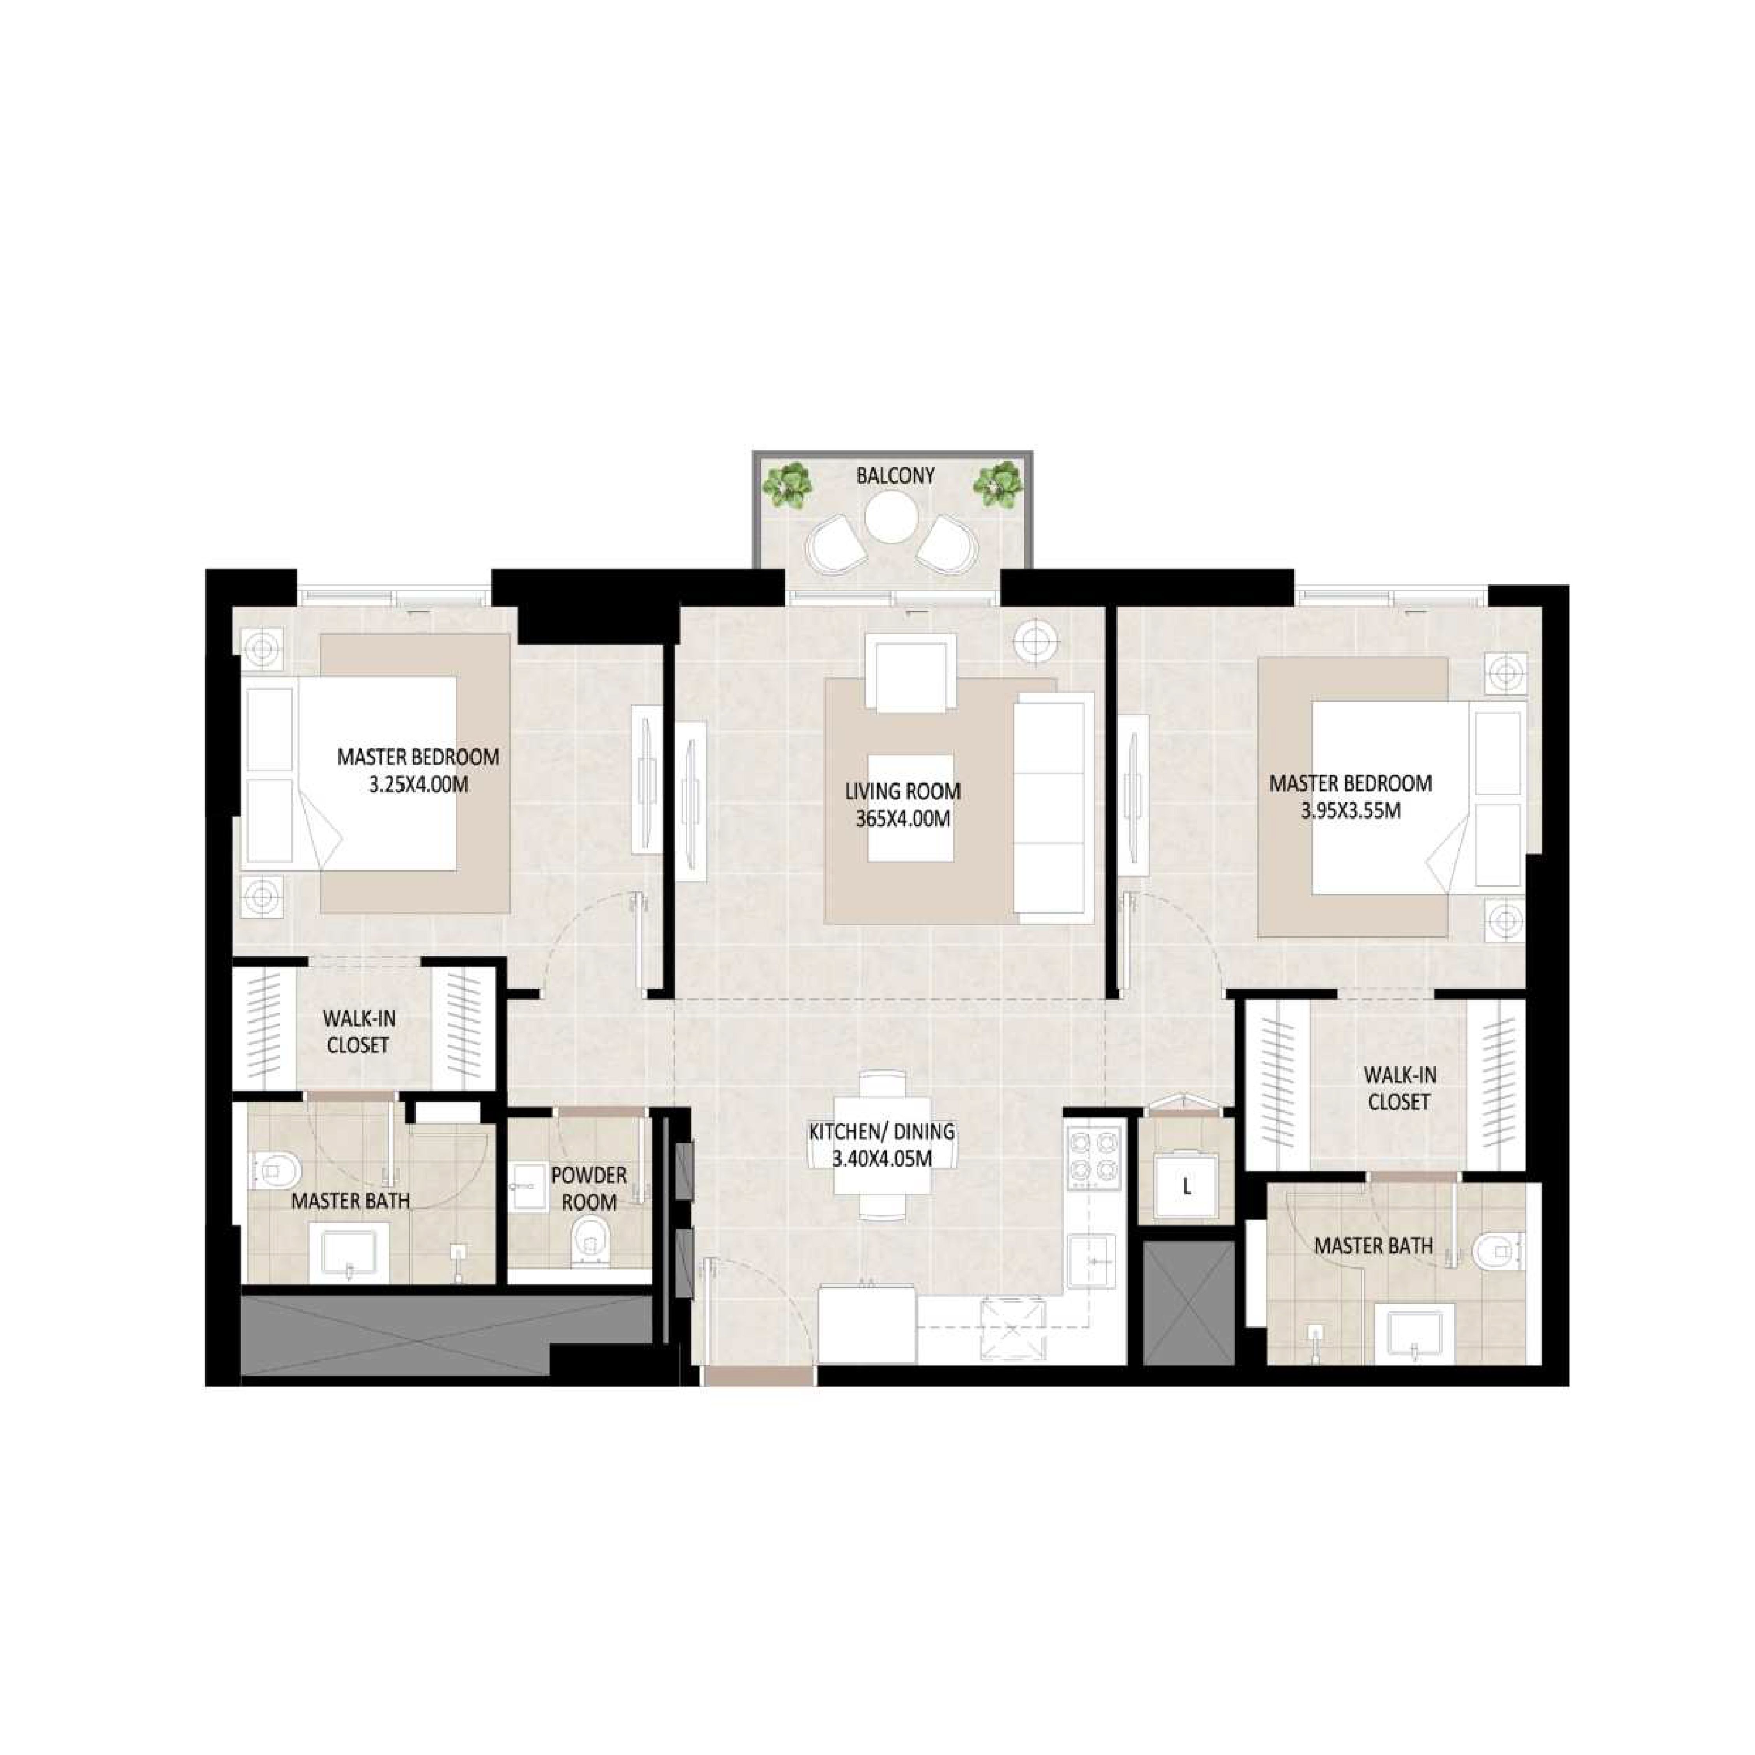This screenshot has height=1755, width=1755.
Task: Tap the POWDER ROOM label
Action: coord(589,1188)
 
